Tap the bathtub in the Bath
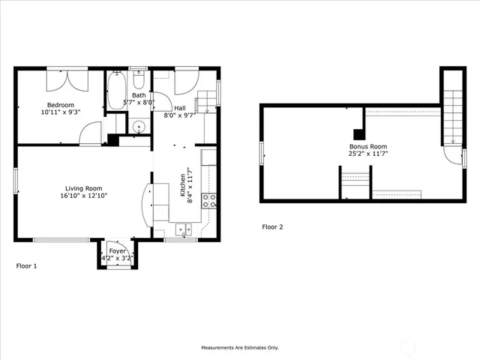pyautogui.click(x=116, y=92)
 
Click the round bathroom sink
pyautogui.click(x=137, y=126)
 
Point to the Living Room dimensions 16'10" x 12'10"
pyautogui.click(x=83, y=196)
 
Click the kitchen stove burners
pyautogui.click(x=211, y=200)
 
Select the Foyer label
pyautogui.click(x=117, y=251)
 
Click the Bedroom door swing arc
pyautogui.click(x=90, y=133)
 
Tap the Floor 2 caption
pyautogui.click(x=272, y=226)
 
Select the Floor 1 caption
pyautogui.click(x=26, y=265)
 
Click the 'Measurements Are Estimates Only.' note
pyautogui.click(x=239, y=347)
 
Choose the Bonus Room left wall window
pyautogui.click(x=262, y=153)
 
